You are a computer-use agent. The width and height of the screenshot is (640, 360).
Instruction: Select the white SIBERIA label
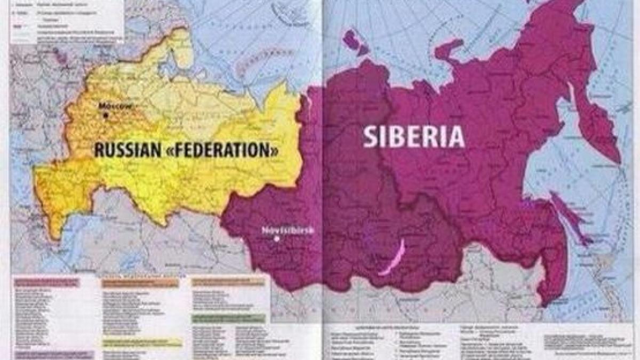(414, 137)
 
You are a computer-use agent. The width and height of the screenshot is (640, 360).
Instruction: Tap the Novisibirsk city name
(287, 230)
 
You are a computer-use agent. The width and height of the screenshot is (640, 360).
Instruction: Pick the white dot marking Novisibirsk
(276, 239)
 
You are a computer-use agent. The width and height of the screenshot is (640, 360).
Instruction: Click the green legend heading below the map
(229, 318)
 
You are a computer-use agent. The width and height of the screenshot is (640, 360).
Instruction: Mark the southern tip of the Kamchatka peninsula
(619, 160)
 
